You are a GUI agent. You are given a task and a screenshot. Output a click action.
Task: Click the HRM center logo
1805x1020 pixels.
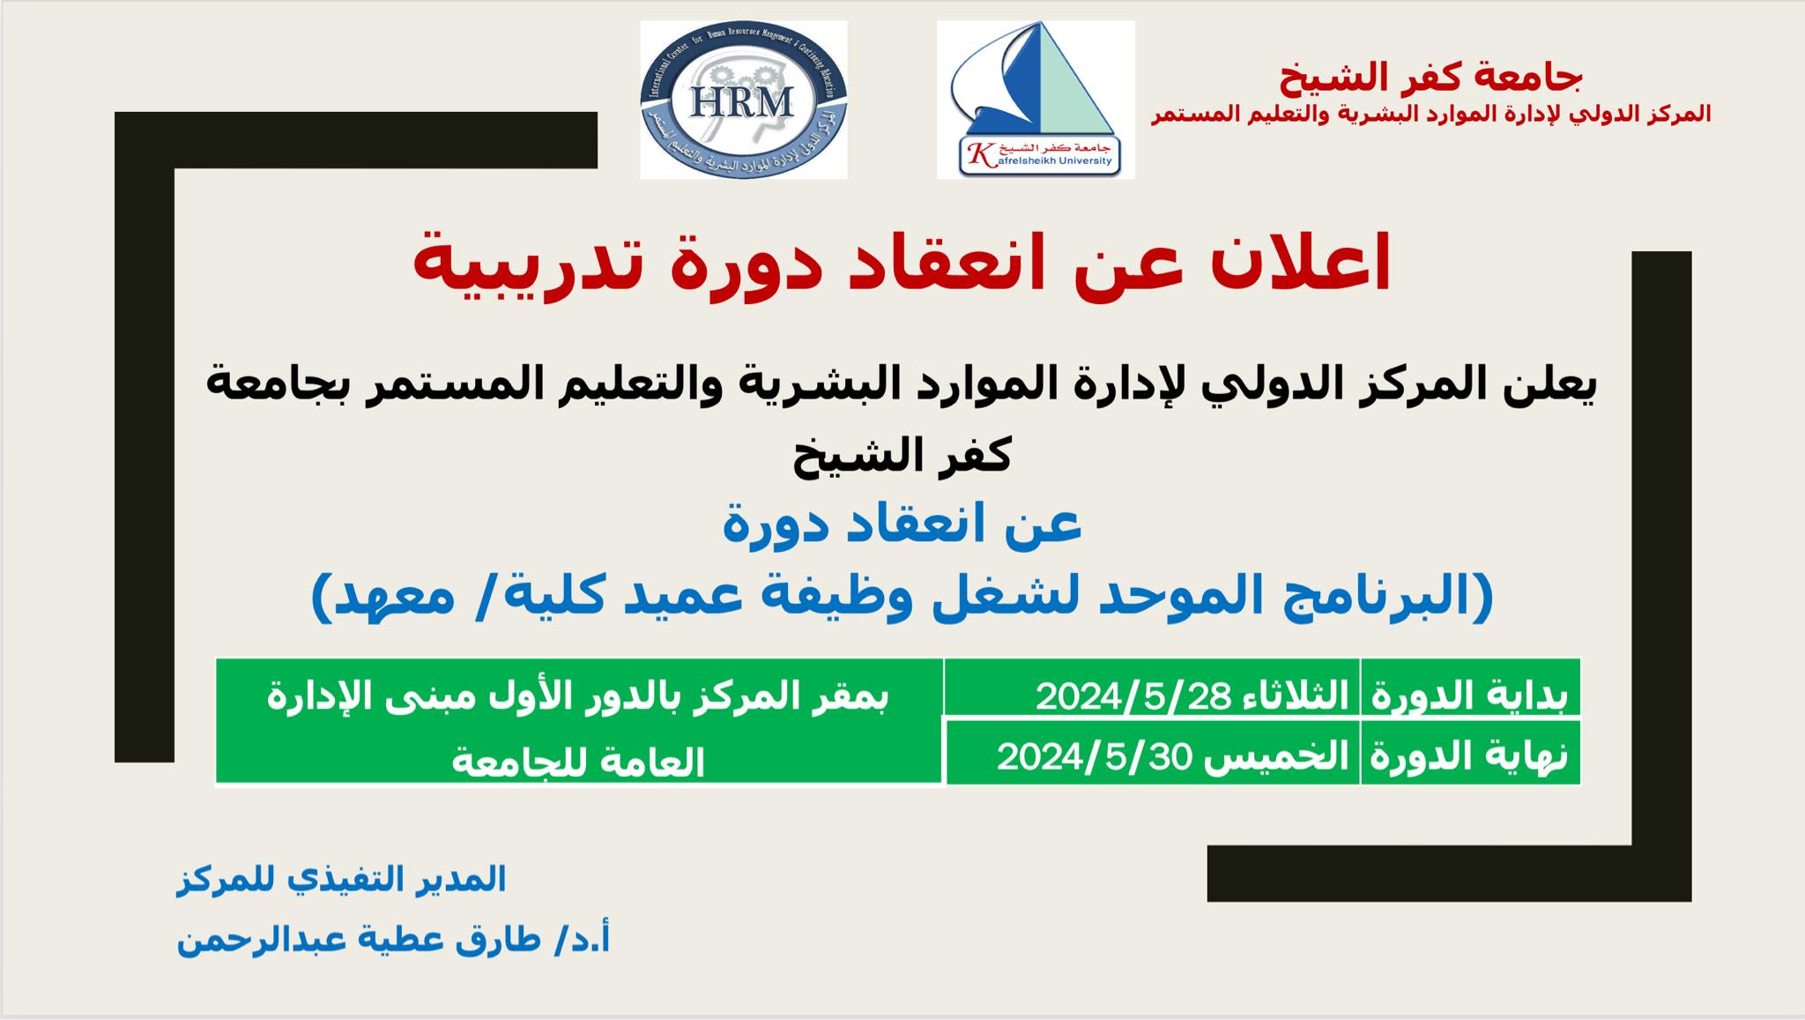[x=743, y=100]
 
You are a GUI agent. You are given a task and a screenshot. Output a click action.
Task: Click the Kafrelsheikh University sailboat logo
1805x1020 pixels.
[x=1036, y=100]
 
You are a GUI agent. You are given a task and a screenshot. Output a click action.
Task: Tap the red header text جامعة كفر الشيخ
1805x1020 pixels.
[x=1430, y=77]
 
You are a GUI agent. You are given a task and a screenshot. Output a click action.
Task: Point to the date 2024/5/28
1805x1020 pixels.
[x=1133, y=696]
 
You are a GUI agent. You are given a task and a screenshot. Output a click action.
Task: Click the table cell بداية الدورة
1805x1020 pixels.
[x=1469, y=696]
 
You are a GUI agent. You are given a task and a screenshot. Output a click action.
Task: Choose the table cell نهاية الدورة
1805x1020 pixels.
[x=1469, y=756]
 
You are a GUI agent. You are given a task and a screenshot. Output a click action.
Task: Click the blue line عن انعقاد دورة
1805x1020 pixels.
[x=902, y=525]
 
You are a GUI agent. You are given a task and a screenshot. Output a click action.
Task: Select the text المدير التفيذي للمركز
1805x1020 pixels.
[x=342, y=879]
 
